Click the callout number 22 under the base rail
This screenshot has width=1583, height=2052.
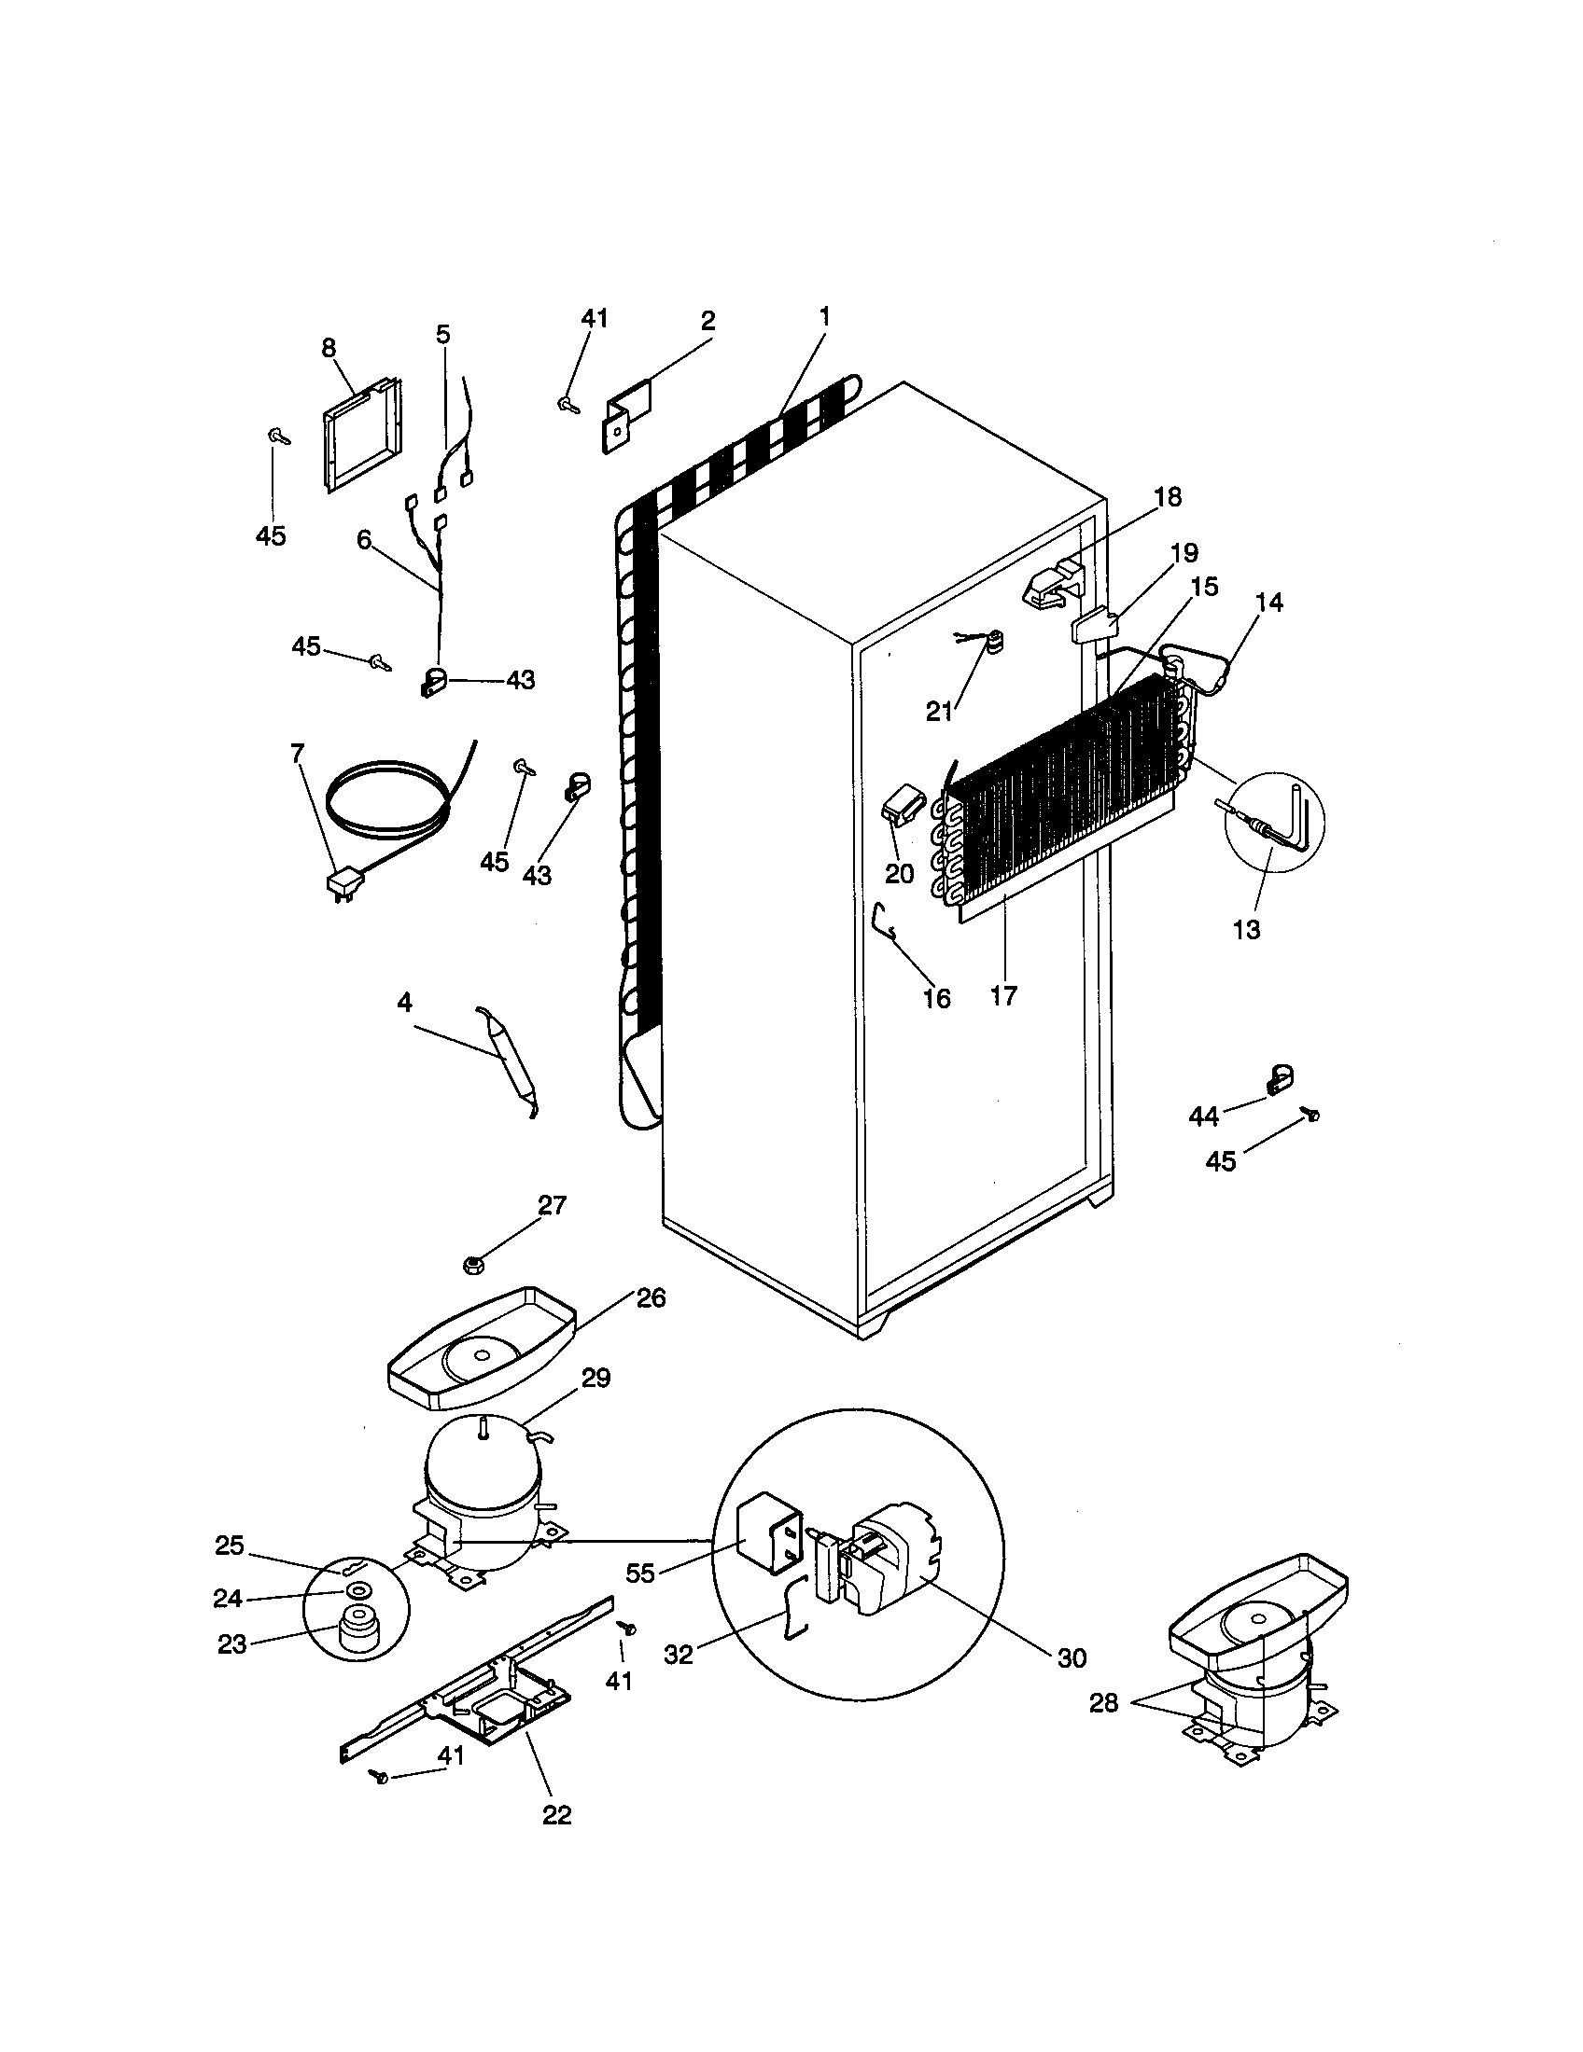point(556,1814)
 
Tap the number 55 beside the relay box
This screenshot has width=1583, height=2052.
point(640,1573)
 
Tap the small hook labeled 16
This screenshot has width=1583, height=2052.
point(884,920)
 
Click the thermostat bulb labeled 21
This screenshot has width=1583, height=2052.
point(990,644)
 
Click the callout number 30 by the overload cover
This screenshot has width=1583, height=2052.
point(1072,1657)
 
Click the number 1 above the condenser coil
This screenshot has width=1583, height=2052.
point(824,316)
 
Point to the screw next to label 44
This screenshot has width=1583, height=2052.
point(1310,1115)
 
